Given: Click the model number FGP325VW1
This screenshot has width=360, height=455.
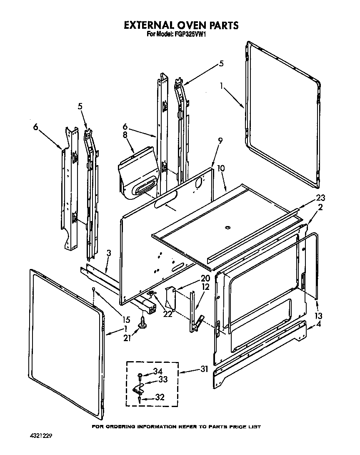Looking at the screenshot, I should [x=190, y=35].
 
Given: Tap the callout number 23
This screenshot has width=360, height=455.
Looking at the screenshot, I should [x=320, y=198].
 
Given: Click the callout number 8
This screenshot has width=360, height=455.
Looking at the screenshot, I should [x=125, y=135].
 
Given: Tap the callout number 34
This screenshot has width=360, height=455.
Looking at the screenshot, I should [x=158, y=372].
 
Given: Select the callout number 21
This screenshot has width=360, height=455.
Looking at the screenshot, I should [x=127, y=338].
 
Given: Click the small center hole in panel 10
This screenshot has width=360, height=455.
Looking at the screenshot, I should [x=227, y=228].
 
